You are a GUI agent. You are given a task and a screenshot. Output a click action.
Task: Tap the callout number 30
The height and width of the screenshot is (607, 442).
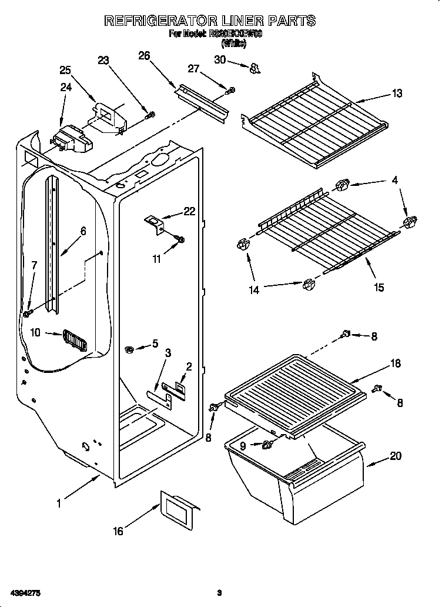pos(220,59)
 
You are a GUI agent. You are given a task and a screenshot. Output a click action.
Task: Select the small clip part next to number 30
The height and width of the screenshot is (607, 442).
pos(254,69)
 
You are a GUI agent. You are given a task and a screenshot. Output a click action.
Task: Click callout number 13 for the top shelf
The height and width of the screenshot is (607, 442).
pos(397,93)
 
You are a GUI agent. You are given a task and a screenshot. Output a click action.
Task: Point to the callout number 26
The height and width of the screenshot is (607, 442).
pos(144,56)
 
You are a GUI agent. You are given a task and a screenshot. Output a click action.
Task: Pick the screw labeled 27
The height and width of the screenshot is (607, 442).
pos(232,90)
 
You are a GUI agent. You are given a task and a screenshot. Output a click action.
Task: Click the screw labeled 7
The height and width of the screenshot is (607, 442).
pos(26,313)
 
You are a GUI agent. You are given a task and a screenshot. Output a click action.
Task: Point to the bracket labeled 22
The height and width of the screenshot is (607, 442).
pos(154,222)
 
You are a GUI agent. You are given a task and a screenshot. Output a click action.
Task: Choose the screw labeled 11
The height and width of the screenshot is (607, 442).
pos(180,238)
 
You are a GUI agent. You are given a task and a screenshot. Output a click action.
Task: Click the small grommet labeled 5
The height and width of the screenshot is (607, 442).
pos(130,351)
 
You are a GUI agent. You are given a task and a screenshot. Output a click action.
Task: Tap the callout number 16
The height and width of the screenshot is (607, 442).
pos(118,531)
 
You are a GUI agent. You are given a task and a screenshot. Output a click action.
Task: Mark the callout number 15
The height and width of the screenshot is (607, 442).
pos(379,287)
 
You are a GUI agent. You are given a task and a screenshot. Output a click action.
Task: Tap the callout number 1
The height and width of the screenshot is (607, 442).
pos(59,503)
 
